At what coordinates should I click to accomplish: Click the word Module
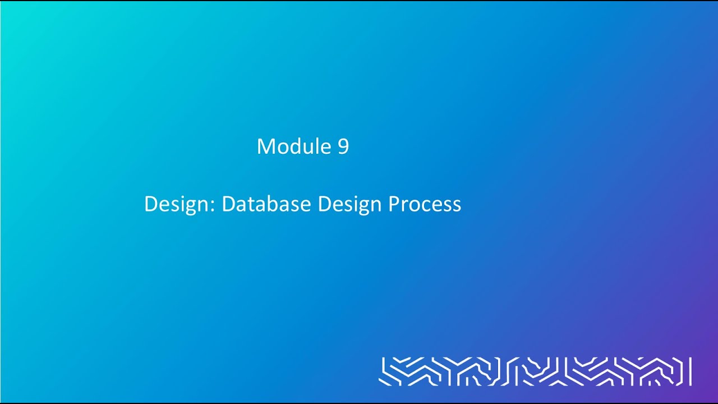[x=294, y=146]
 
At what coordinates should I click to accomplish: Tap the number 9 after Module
[x=343, y=146]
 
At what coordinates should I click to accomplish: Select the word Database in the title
[x=267, y=204]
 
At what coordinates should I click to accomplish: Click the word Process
[x=425, y=204]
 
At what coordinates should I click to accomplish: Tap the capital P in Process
[x=393, y=204]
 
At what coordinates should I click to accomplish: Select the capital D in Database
[x=228, y=204]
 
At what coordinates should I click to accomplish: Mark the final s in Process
[x=457, y=205]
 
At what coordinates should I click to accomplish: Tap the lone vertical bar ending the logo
[x=690, y=371]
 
